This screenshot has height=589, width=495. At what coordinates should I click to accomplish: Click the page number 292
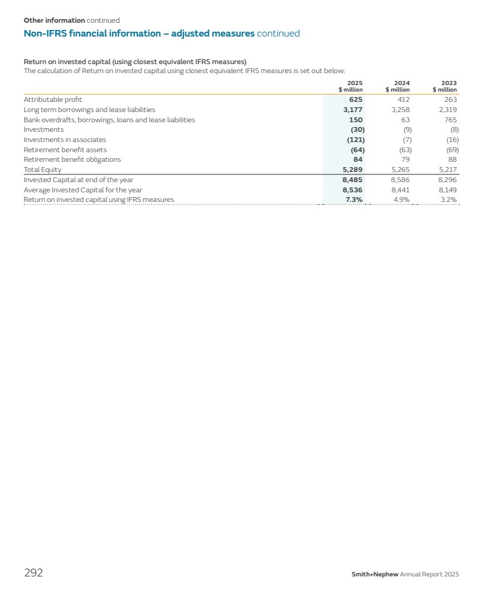click(x=33, y=573)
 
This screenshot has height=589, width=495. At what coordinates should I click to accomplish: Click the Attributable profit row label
click(x=53, y=99)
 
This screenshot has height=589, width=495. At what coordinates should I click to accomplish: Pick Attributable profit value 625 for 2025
click(x=355, y=99)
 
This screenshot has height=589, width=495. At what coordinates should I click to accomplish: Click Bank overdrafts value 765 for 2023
click(x=449, y=120)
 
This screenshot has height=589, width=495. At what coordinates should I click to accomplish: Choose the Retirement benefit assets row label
click(x=65, y=150)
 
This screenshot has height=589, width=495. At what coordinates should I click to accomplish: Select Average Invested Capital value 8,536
click(x=352, y=190)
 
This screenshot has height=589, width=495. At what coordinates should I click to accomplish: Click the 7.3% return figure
click(x=354, y=200)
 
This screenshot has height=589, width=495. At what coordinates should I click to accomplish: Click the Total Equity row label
click(x=42, y=170)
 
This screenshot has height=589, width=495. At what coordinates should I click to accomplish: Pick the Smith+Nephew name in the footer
click(x=375, y=575)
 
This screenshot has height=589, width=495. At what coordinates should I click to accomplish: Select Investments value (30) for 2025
click(x=357, y=129)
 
